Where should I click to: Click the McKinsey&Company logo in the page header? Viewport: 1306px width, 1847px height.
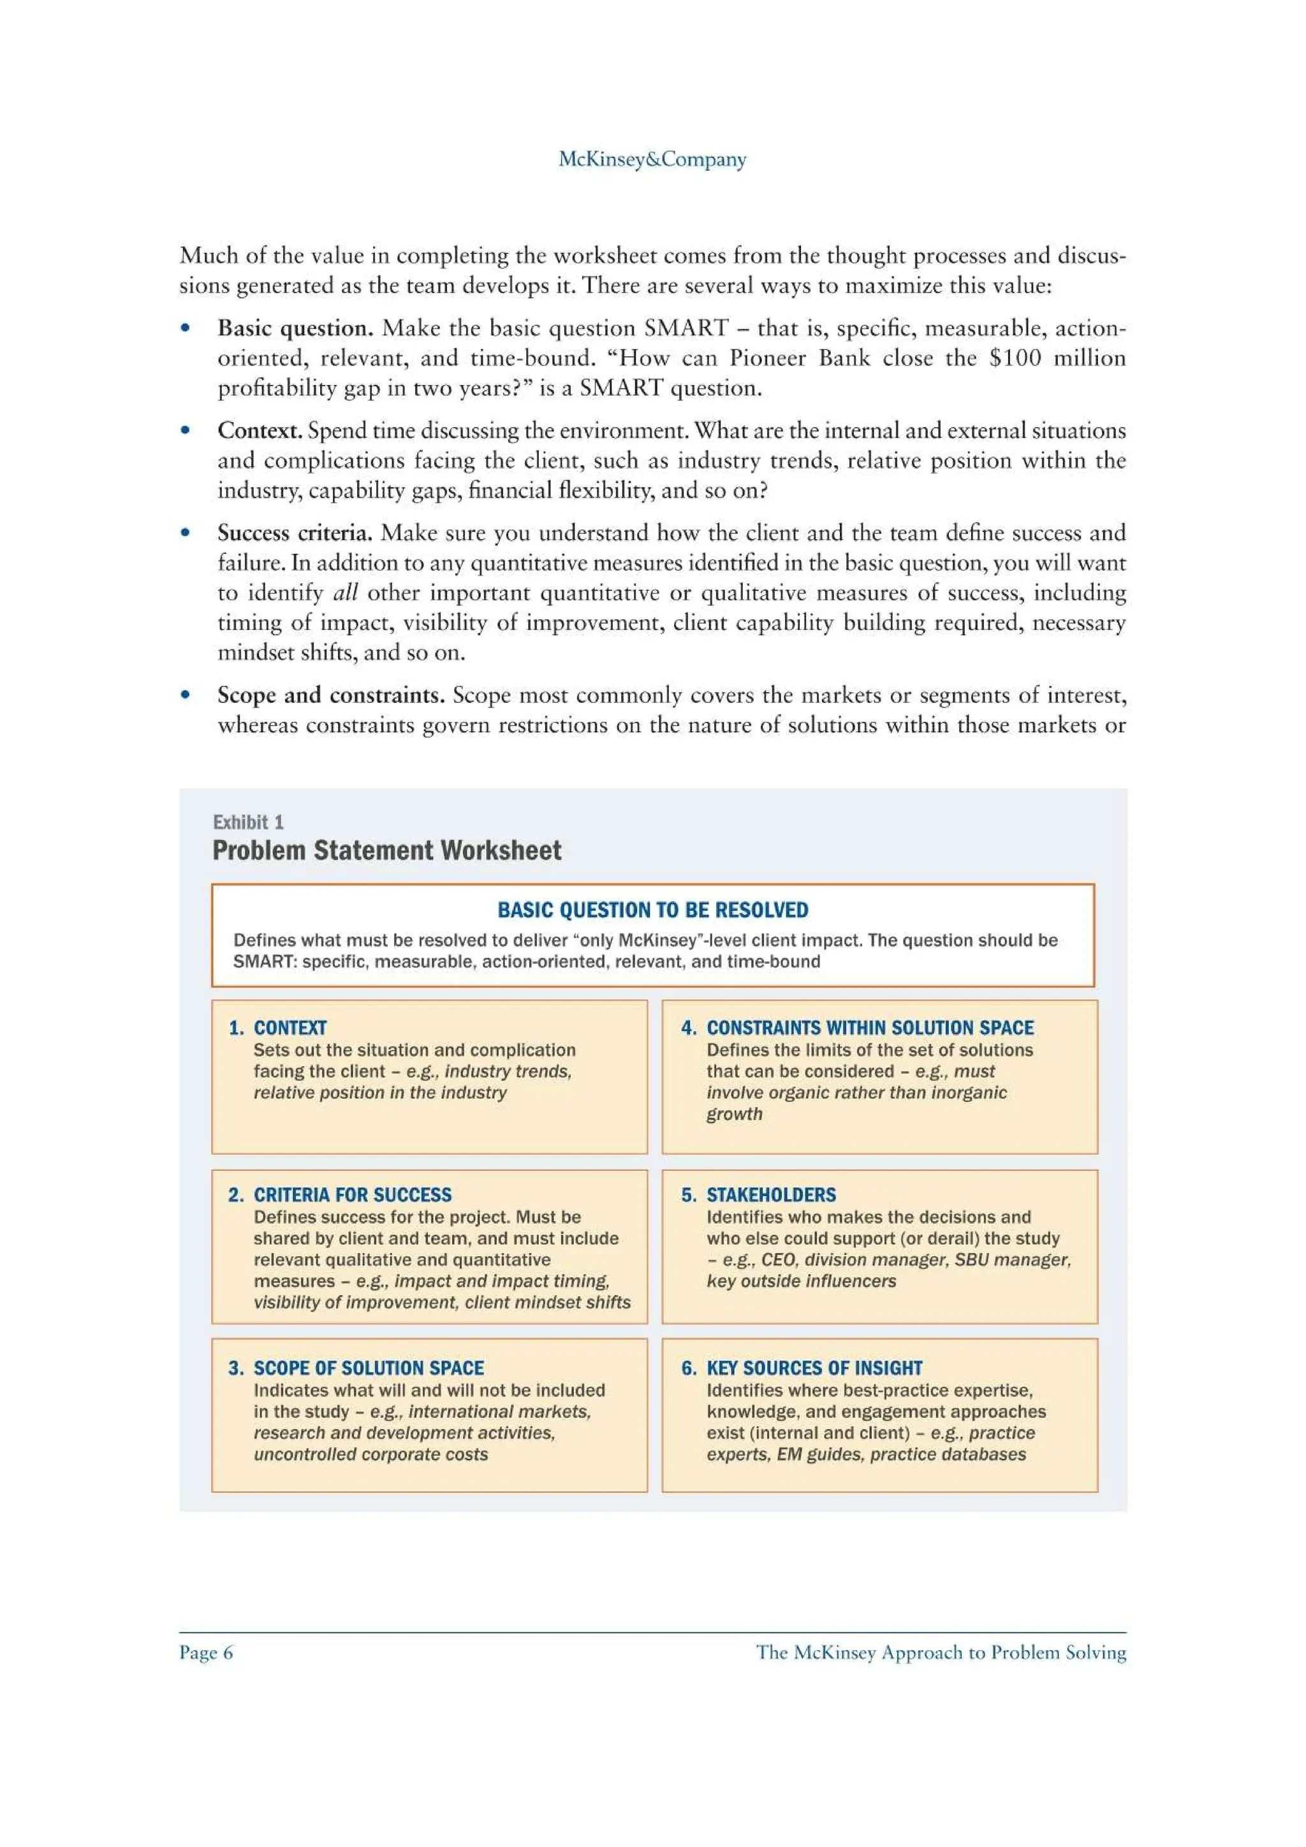652,159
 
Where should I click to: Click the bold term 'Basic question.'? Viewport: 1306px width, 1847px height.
295,328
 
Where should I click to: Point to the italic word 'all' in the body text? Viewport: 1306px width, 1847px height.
344,593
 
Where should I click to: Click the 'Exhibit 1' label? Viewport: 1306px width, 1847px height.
248,822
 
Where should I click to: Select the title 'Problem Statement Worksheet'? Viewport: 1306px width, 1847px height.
386,850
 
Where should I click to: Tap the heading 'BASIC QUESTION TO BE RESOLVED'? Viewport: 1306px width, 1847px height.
652,910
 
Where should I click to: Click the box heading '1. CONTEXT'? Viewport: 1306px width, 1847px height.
277,1027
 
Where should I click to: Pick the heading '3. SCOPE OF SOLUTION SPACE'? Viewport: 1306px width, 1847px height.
356,1368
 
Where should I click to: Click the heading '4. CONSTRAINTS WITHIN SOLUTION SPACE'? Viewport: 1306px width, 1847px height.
857,1027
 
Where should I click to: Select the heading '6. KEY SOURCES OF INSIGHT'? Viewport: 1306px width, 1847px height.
802,1368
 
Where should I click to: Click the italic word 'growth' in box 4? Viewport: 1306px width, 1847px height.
734,1114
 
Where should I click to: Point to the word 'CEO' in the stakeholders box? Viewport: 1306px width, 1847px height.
777,1260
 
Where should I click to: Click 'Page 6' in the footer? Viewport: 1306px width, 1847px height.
206,1653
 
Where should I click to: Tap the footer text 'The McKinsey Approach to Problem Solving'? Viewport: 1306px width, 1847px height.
941,1653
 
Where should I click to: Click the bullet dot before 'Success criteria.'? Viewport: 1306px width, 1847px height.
185,533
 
